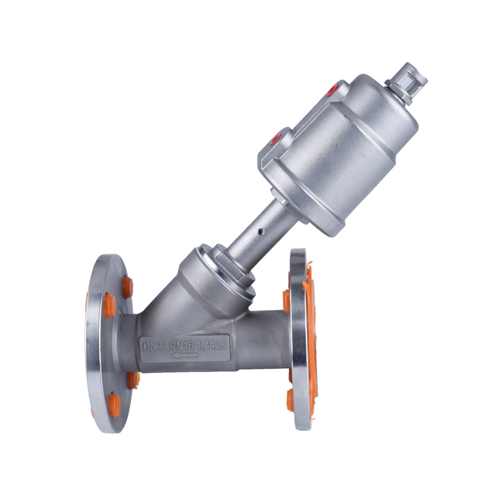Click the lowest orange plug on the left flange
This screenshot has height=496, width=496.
pos(115,404)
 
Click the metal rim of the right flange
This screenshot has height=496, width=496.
pos(298,341)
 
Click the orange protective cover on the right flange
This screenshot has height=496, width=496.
pos(309,333)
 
